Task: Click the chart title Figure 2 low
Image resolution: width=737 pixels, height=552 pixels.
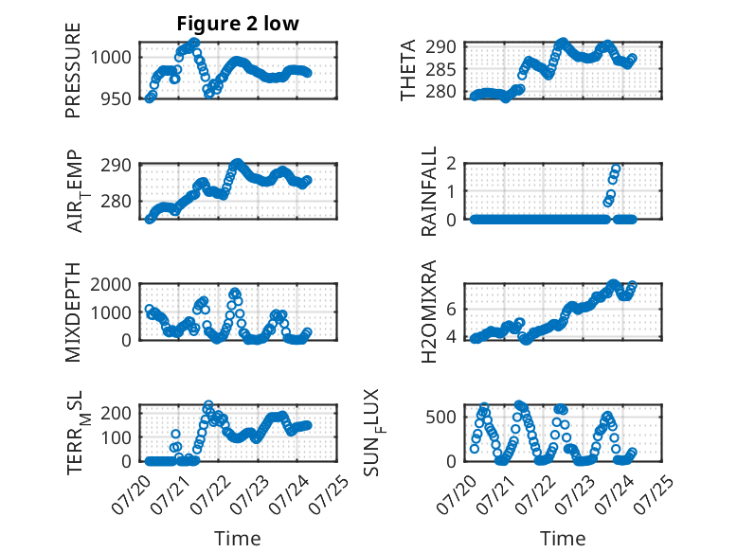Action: point(238,24)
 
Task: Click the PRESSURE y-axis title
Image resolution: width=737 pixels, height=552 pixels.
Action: point(73,70)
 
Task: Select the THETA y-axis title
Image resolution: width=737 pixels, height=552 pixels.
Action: point(408,70)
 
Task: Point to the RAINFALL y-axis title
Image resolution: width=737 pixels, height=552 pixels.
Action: point(429,191)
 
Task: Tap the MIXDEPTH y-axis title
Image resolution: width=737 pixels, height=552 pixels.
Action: point(73,312)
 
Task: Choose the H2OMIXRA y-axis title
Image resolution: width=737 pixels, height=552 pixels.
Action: point(429,312)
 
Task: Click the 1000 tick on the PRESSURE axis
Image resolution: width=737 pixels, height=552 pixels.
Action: point(111,58)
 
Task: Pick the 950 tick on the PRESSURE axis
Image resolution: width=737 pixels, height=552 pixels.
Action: point(117,98)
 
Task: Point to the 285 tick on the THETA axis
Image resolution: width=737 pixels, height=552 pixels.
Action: point(440,69)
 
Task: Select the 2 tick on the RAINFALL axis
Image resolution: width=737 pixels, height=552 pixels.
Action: point(451,164)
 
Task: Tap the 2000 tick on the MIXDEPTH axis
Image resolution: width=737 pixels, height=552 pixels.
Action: point(111,284)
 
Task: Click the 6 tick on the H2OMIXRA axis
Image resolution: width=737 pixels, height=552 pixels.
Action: point(451,309)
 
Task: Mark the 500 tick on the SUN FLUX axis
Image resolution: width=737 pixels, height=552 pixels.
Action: point(440,418)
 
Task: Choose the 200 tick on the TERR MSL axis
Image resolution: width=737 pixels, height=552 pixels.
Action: point(117,413)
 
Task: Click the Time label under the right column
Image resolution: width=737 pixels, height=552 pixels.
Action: point(563,538)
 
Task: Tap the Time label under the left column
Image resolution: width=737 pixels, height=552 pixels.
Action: point(238,538)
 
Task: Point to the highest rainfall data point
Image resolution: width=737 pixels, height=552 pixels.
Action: point(616,169)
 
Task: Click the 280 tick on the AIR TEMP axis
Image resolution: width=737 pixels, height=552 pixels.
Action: point(117,202)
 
